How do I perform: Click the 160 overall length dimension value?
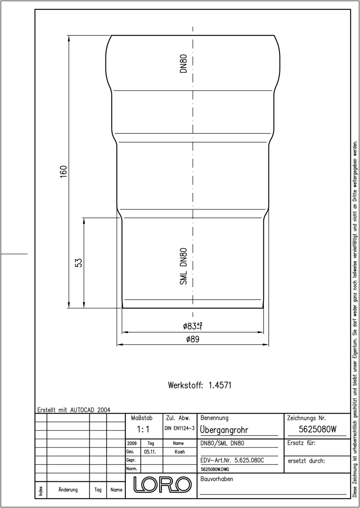[64, 172]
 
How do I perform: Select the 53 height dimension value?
[78, 262]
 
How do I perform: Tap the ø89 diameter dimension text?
[193, 339]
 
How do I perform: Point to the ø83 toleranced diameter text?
[193, 326]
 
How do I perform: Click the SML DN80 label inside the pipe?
[183, 266]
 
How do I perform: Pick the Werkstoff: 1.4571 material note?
[199, 385]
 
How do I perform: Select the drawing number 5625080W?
[317, 429]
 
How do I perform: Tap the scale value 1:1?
[143, 429]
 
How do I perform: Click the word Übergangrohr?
[224, 430]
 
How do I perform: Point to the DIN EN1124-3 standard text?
[180, 428]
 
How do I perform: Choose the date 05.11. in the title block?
[150, 452]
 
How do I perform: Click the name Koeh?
[180, 452]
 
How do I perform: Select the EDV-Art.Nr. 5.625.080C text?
[232, 461]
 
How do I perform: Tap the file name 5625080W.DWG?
[215, 469]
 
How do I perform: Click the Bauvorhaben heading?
[216, 479]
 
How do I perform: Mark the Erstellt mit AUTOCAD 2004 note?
[74, 410]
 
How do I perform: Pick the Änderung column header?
[68, 490]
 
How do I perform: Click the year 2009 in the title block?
[132, 443]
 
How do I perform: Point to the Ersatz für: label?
[301, 443]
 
